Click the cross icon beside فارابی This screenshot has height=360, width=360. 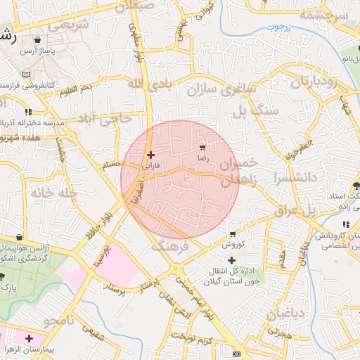click(150, 155)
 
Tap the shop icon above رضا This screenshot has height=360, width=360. click(203, 148)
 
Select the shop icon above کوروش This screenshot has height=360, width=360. click(232, 234)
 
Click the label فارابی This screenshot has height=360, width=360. click(152, 167)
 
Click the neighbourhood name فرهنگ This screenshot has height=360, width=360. click(170, 247)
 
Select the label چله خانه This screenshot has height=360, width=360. click(52, 192)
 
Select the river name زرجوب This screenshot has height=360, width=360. click(278, 27)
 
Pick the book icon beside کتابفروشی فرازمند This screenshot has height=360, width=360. click(27, 75)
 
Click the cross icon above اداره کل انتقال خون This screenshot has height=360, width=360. click(231, 260)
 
